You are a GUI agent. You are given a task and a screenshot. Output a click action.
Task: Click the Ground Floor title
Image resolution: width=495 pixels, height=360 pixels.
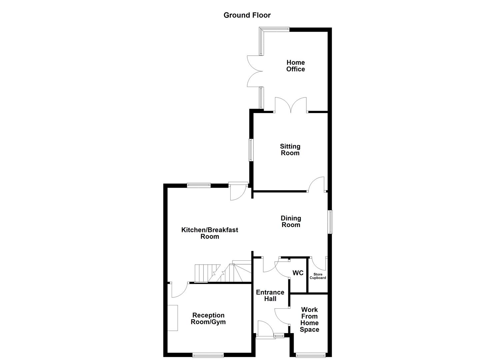click(247, 15)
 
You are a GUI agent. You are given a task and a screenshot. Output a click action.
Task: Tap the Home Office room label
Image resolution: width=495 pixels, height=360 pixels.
click(296, 66)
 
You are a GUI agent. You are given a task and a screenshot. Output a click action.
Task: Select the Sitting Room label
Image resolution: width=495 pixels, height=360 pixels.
click(290, 150)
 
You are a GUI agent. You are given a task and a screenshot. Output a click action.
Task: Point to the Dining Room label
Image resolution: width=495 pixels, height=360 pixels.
click(291, 221)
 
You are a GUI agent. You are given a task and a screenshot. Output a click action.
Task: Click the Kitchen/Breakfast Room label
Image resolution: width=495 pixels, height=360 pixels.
click(210, 233)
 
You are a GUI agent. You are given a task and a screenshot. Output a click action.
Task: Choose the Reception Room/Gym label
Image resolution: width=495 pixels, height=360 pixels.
click(208, 318)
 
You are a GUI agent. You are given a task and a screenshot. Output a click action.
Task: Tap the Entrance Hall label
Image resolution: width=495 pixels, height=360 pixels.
click(270, 295)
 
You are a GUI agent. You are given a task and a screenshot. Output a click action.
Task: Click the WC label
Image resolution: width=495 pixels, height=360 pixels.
click(298, 273)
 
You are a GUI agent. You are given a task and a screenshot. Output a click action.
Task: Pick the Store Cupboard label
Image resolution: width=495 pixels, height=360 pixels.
click(318, 276)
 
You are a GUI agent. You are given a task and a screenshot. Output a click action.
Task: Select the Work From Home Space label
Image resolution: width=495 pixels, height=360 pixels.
click(309, 319)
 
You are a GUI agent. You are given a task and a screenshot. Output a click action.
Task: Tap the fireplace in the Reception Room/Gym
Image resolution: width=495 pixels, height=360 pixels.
click(173, 318)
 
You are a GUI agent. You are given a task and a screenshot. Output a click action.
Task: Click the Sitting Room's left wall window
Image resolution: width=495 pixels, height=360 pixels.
click(251, 150)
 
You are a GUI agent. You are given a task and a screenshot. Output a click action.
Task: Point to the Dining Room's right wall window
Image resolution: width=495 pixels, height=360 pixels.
click(330, 222)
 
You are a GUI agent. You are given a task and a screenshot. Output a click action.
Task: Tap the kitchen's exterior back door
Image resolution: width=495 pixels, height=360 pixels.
click(238, 192)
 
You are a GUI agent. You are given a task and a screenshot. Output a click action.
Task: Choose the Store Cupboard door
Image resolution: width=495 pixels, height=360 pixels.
click(318, 263)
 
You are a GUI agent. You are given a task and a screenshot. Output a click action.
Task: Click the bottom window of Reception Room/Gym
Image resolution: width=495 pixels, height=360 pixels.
click(208, 355)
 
